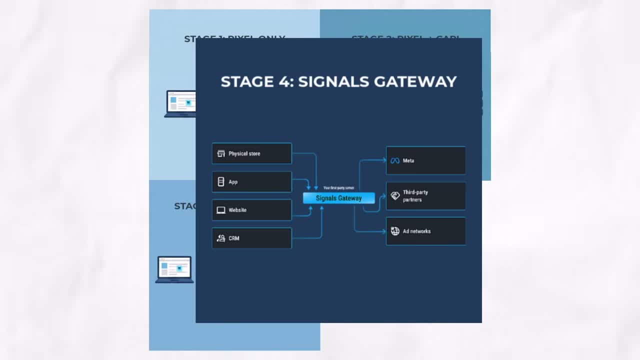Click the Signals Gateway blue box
338,198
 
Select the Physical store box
251,153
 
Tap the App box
251,182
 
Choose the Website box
251,210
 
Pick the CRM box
251,238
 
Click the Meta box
425,160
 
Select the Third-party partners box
425,196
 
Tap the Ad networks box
425,231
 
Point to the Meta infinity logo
395,161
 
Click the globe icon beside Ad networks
395,231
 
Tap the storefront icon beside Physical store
221,153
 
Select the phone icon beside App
221,182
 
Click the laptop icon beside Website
221,210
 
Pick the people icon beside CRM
221,238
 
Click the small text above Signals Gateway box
338,188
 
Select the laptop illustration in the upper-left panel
180,104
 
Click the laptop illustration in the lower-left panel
174,269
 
